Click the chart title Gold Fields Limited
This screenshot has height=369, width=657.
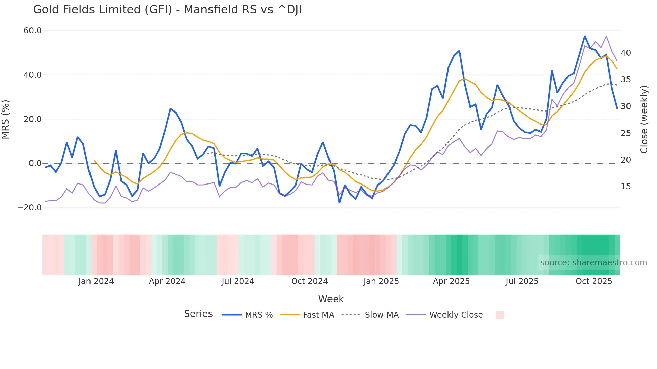167,10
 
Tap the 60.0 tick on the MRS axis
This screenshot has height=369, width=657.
32,31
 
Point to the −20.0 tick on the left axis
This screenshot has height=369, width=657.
29,208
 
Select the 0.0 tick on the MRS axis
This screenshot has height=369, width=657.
35,163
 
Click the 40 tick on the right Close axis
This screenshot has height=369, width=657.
625,53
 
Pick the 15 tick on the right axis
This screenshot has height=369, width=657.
625,187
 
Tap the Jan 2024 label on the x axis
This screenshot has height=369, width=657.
96,281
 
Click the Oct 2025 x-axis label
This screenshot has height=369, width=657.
594,281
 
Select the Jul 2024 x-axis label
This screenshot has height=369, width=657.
238,281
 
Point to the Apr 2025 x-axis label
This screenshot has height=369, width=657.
451,281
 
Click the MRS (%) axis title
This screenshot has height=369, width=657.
6,119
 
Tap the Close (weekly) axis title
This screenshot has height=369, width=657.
644,119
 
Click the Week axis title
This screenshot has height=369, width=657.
331,299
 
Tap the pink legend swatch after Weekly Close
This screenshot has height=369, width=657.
499,315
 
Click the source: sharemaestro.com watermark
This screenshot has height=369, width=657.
593,263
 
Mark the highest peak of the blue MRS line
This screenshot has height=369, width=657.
584,36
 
